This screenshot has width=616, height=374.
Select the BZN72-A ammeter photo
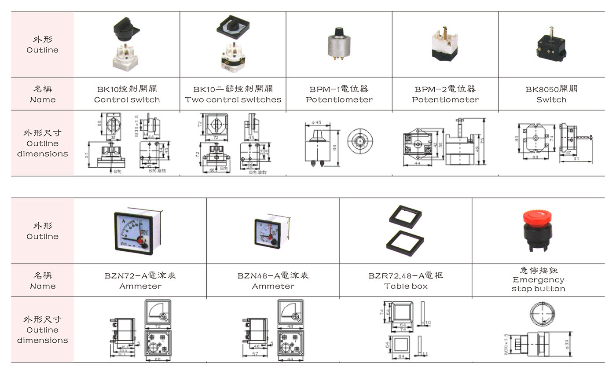(135, 232)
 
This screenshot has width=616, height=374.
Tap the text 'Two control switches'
(233, 100)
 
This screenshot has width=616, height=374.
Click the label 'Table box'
(405, 286)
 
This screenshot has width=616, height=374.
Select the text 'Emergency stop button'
(538, 284)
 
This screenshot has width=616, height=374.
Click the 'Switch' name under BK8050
(551, 100)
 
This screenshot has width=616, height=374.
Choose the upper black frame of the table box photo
(405, 216)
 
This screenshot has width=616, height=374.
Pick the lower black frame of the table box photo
(407, 242)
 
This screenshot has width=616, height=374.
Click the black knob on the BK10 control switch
(125, 30)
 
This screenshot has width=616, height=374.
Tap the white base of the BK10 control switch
(126, 58)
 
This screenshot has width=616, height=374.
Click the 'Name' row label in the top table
(43, 100)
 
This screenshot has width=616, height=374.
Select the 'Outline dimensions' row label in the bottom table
(43, 335)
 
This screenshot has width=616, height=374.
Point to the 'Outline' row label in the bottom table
(42, 236)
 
